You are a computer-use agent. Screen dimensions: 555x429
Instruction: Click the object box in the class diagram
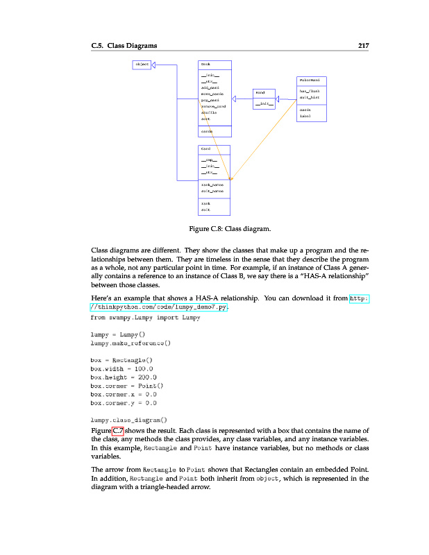tap(142, 65)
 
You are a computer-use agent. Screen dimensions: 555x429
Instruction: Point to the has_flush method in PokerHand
tap(309, 91)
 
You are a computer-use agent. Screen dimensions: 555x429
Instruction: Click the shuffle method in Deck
tap(209, 112)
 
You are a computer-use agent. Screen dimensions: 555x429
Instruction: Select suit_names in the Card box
tap(212, 190)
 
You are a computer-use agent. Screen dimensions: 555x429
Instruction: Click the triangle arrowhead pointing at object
tap(154, 65)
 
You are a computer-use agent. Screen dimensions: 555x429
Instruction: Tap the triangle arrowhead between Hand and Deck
tap(236, 99)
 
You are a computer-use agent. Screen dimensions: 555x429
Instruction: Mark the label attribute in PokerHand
tap(305, 117)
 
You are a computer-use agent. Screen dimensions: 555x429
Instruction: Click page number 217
tap(362, 46)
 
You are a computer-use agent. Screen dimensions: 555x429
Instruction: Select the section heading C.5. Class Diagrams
tap(124, 46)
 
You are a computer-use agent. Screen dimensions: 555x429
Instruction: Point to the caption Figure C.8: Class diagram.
tap(230, 228)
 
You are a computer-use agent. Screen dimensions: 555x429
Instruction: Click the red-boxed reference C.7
tap(117, 431)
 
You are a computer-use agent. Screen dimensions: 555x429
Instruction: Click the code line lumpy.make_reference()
tap(131, 342)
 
